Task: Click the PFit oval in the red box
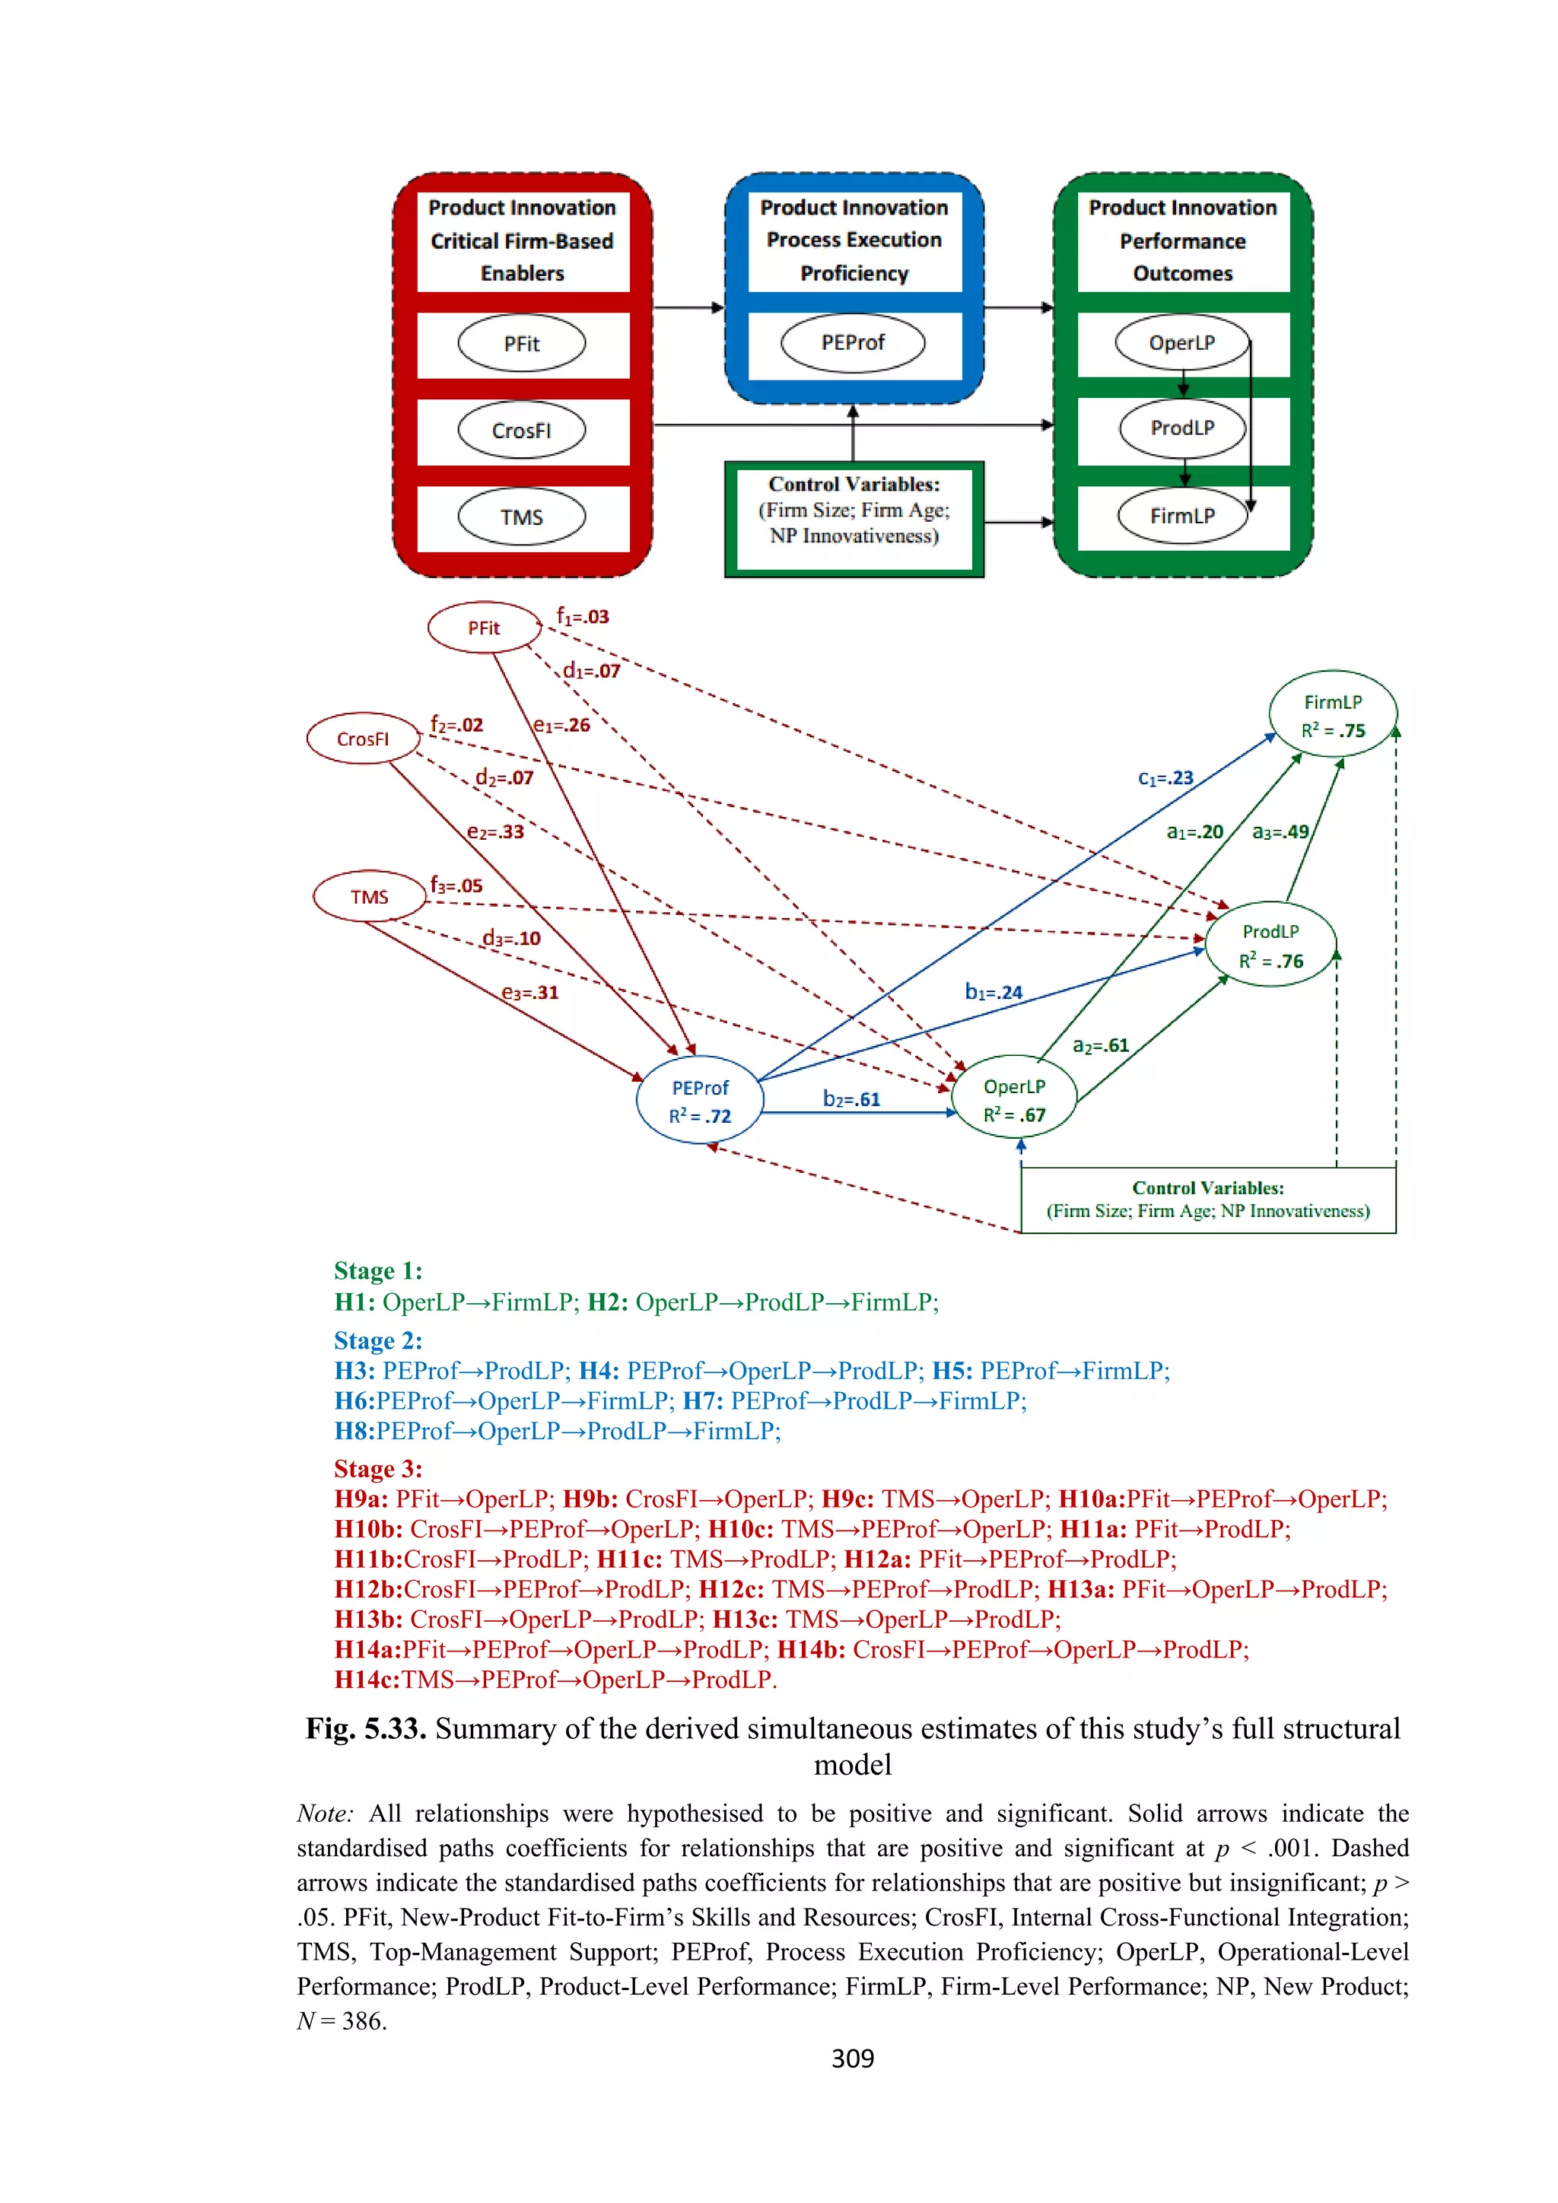(x=521, y=344)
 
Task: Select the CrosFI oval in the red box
(x=521, y=431)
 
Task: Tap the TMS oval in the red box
(x=521, y=517)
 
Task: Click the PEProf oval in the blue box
(x=853, y=342)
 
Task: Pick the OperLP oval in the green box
(x=1182, y=342)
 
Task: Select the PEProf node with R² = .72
(x=699, y=1101)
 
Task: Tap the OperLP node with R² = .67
(x=1014, y=1099)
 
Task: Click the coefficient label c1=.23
(x=1165, y=778)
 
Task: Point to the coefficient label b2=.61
(x=851, y=1098)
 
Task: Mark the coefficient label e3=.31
(x=529, y=992)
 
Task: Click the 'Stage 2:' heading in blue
(x=378, y=1340)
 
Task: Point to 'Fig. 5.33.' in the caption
(x=365, y=1729)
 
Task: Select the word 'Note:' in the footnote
(x=326, y=1814)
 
